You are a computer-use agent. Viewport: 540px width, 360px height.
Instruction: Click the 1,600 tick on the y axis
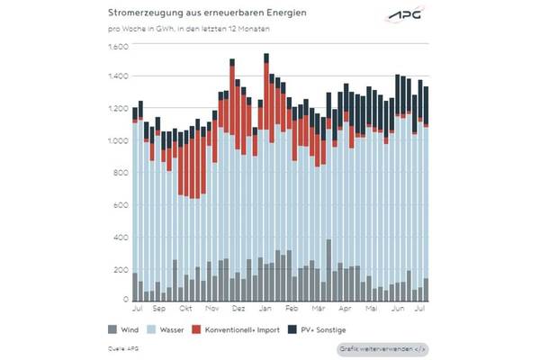pos(119,47)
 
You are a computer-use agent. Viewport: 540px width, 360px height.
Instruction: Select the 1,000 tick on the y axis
pos(119,141)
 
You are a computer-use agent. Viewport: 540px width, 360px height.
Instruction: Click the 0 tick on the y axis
pos(126,300)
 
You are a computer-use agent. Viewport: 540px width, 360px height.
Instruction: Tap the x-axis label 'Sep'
pos(158,309)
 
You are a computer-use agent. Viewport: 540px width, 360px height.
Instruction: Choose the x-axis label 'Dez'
pos(238,309)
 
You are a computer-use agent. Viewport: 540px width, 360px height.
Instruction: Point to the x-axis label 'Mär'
pos(318,309)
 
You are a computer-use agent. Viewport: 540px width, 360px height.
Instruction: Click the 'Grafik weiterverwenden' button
pos(382,348)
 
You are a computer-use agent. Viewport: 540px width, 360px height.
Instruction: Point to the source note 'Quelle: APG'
pos(121,347)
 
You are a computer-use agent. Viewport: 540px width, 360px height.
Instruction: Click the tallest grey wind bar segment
pos(329,270)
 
